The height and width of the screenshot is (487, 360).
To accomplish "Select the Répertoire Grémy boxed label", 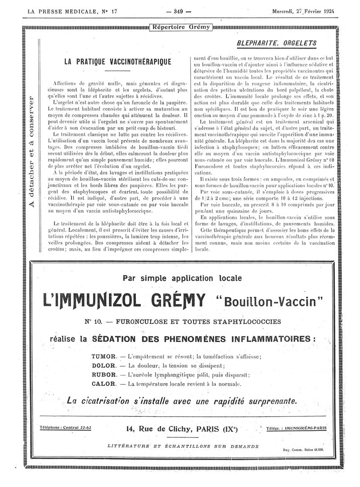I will point(181,27).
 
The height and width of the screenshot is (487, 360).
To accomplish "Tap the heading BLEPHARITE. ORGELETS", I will point(276,44).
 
